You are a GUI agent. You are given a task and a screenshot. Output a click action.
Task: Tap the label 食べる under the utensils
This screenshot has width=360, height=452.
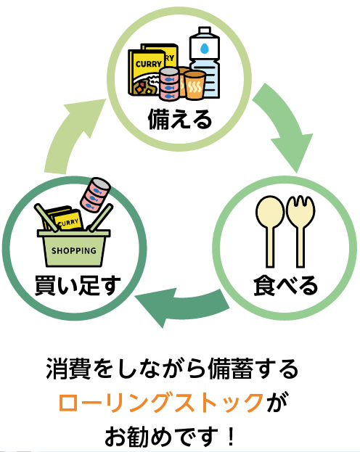tap(285, 286)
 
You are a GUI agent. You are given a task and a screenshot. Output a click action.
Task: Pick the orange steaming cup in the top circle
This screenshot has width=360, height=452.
tap(195, 84)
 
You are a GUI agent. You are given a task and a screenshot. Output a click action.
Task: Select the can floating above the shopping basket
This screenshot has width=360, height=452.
tap(94, 194)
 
